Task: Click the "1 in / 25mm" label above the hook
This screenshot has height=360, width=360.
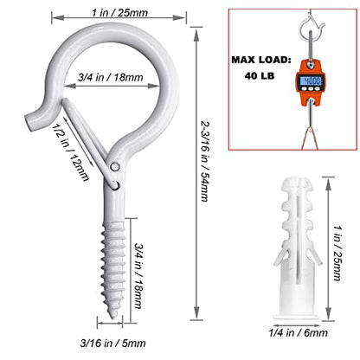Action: [119, 13]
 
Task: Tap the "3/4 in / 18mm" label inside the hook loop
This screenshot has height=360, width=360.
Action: [111, 78]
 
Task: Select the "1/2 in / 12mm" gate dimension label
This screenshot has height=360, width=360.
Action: [71, 151]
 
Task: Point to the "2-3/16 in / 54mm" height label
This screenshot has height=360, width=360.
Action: [205, 162]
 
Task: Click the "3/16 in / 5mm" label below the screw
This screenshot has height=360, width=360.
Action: [112, 344]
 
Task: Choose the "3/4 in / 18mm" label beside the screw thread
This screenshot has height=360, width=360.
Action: [138, 276]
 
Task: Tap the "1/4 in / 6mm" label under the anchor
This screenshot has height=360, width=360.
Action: [298, 333]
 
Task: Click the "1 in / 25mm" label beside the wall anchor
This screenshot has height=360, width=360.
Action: [337, 253]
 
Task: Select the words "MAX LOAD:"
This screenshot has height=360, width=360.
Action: [260, 60]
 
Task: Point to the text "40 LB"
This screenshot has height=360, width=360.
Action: [260, 76]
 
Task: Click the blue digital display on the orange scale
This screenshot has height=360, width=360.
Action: [310, 80]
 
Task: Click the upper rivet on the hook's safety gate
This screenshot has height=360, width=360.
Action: [115, 167]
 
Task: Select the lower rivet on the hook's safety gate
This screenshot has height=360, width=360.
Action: [116, 185]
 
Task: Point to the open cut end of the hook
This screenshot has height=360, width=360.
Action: [29, 123]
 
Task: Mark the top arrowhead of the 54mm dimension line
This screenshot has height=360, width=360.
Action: [196, 33]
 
